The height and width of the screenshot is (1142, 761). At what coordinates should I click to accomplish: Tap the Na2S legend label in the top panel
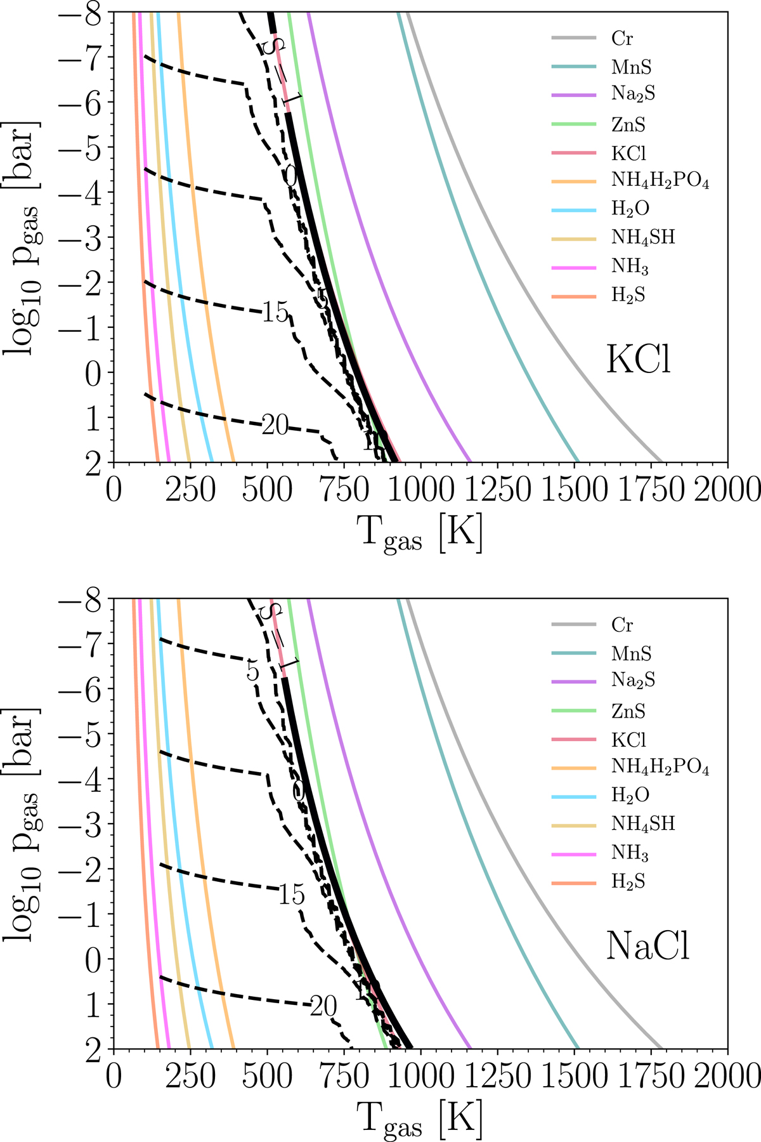coord(633,95)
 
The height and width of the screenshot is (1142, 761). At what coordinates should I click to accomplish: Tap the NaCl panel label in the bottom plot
coord(647,947)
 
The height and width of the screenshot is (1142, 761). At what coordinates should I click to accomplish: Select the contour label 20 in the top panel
coord(275,426)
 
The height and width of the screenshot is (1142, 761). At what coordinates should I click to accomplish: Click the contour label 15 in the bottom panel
coord(291,895)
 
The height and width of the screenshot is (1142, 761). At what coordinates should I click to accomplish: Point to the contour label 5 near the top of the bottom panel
coord(253,671)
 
